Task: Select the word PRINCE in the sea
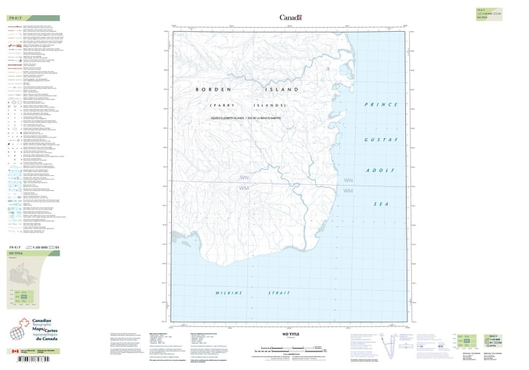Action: [x=381, y=104]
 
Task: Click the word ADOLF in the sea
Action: [x=381, y=170]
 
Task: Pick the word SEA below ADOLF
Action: [x=381, y=205]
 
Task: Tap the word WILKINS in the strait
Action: [x=227, y=292]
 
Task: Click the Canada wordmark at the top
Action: [x=290, y=18]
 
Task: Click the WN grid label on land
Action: [x=244, y=178]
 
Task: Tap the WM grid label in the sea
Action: [x=348, y=191]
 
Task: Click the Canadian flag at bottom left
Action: [x=15, y=351]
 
